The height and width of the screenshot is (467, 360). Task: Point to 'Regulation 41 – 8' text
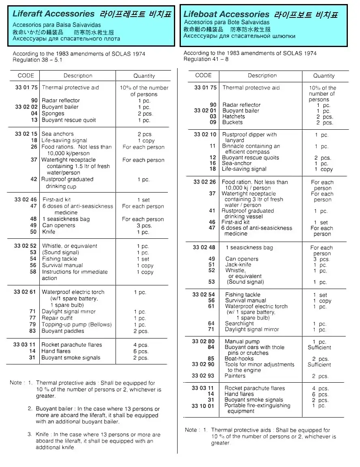click(206, 59)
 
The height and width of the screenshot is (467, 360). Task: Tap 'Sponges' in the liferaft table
click(53, 114)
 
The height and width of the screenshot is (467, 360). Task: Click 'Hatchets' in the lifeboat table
click(234, 116)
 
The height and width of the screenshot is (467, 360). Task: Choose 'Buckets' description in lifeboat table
click(233, 122)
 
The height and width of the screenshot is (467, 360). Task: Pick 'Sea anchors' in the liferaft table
click(58, 134)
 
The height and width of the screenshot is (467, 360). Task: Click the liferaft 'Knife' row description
click(49, 232)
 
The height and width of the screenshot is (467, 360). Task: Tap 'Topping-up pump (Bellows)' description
click(76, 324)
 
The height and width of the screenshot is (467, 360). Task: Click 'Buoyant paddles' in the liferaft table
click(63, 331)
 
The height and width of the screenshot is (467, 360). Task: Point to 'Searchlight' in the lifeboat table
click(239, 323)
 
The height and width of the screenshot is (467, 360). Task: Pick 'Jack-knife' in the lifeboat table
click(238, 264)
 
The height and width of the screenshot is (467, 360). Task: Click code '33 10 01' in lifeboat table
click(203, 405)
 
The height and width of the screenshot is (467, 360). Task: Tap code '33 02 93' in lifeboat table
click(203, 376)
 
